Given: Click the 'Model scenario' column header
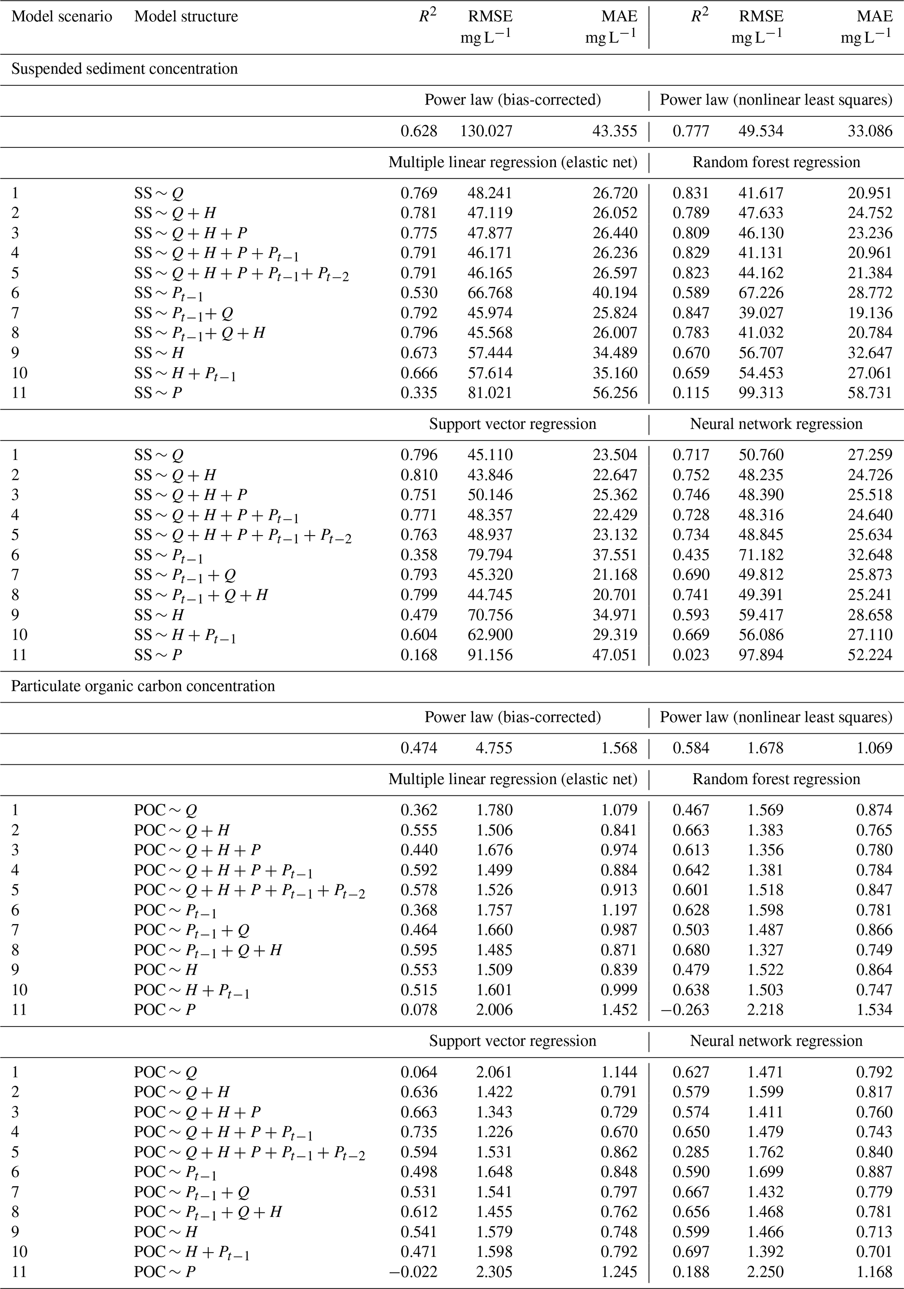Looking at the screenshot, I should pyautogui.click(x=62, y=17).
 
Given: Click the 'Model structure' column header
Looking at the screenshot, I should pyautogui.click(x=186, y=17).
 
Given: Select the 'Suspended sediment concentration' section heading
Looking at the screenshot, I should pyautogui.click(x=125, y=69).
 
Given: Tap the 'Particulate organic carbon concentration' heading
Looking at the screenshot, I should pyautogui.click(x=143, y=686).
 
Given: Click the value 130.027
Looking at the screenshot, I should pyautogui.click(x=486, y=131).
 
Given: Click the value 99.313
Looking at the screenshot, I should pyautogui.click(x=761, y=393).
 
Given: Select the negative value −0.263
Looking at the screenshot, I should pyautogui.click(x=686, y=1009).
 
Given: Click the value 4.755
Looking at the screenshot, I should pyautogui.click(x=494, y=748).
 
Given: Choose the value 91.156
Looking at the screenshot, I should pyautogui.click(x=490, y=655).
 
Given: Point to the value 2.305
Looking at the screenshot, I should pyautogui.click(x=494, y=1271).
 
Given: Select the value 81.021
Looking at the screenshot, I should pyautogui.click(x=490, y=393).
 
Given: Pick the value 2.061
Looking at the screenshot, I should pyautogui.click(x=494, y=1072).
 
